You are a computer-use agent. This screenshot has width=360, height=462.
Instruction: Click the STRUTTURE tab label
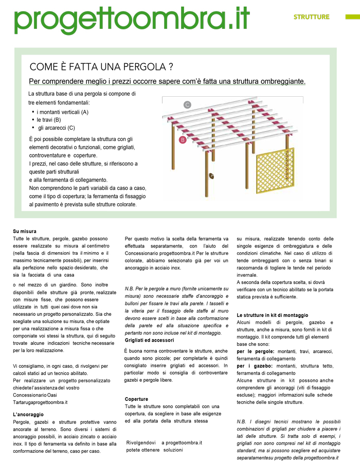tap(311, 17)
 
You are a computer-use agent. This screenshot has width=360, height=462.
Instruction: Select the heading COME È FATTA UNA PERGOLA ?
tap(101, 67)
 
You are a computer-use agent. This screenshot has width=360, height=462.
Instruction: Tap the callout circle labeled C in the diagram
tap(188, 105)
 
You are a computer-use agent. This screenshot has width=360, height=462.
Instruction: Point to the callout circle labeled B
tap(183, 139)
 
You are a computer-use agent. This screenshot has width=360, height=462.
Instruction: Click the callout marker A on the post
tap(211, 176)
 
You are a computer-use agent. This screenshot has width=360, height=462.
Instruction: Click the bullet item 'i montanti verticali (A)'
tap(63, 112)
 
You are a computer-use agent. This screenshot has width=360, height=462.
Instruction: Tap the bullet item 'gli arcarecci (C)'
tap(57, 128)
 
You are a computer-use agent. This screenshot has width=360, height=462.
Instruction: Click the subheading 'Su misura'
tap(25, 232)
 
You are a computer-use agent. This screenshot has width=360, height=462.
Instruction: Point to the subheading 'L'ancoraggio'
tap(28, 414)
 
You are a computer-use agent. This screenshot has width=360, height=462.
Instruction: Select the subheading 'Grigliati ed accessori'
tap(149, 341)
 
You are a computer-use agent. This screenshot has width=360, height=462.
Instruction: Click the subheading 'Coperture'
tap(136, 399)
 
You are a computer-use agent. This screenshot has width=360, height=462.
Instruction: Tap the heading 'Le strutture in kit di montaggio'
tap(273, 315)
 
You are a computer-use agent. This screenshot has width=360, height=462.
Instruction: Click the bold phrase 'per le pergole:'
tap(256, 351)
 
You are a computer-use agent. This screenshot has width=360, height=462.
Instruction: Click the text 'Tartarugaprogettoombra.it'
tap(41, 402)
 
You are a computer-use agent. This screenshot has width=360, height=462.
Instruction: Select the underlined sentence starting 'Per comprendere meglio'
tap(167, 82)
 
